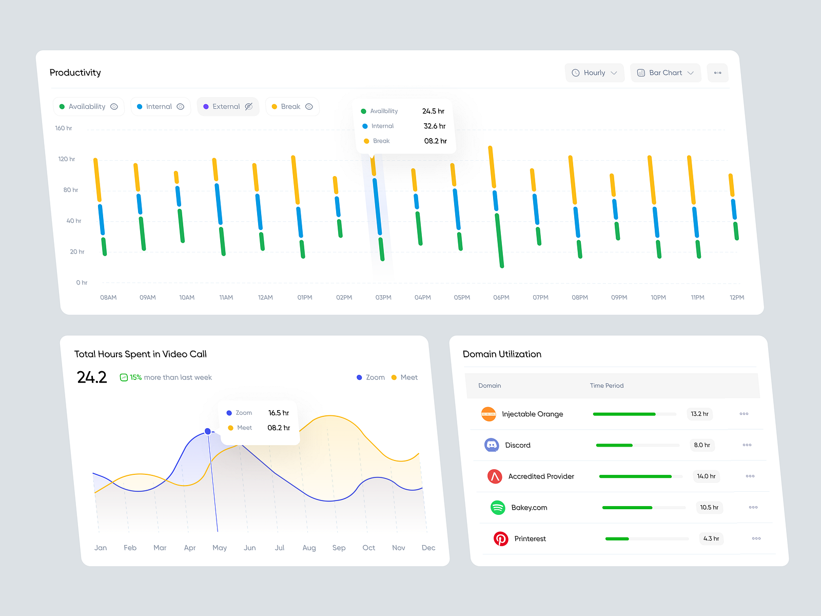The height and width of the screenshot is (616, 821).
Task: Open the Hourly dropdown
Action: [594, 73]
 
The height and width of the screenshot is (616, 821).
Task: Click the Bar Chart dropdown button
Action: [665, 73]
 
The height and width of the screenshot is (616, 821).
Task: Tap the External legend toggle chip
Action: [228, 107]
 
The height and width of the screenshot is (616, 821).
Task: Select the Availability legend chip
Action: [88, 107]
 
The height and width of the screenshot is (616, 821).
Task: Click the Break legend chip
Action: [292, 107]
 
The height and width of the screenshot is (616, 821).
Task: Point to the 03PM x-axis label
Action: [383, 298]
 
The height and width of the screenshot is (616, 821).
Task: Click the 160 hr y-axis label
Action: [64, 128]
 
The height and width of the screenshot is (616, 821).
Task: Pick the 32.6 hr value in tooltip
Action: [434, 126]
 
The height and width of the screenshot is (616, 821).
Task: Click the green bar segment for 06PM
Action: [499, 240]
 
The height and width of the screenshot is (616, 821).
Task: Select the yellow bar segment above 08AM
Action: [97, 180]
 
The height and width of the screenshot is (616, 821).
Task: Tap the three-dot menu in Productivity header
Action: [717, 73]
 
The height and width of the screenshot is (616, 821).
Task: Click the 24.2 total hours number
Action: [92, 377]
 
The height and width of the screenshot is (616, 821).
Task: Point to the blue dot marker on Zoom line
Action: [208, 431]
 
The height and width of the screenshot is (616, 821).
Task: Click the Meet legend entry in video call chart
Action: [405, 377]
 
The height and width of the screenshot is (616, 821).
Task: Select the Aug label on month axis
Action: [309, 548]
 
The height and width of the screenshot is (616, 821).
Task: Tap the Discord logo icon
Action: [492, 445]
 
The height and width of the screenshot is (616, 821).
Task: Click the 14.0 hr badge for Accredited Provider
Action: [706, 476]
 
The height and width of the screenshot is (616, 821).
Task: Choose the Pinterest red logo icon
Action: [501, 538]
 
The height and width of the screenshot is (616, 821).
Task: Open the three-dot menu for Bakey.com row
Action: [753, 507]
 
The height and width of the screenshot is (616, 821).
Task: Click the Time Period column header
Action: [607, 386]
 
